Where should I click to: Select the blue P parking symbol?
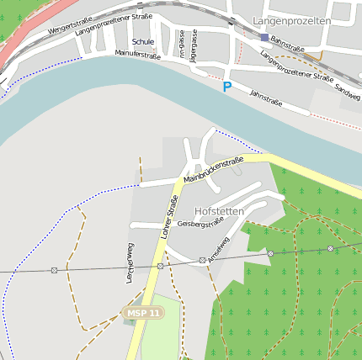(x=226, y=86)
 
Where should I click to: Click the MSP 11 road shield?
(x=142, y=313)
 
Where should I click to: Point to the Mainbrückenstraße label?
(x=213, y=169)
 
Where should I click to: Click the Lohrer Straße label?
(x=169, y=217)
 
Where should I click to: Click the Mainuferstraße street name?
(x=137, y=55)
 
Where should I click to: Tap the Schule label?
(x=143, y=41)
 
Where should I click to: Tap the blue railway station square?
(x=264, y=38)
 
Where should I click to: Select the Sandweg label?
(x=347, y=93)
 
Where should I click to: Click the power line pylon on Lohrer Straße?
(x=160, y=266)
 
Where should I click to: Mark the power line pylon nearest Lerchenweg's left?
(x=54, y=270)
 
